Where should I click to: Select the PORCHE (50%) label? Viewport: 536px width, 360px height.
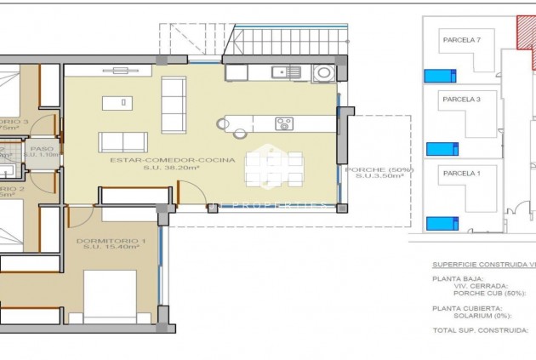tap(379, 170)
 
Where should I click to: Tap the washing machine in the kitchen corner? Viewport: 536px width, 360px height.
tap(322, 73)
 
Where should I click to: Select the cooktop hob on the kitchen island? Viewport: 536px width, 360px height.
tap(283, 124)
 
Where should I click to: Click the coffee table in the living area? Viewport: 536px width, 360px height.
tap(117, 103)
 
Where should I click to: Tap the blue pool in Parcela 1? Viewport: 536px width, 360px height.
tap(441, 224)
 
